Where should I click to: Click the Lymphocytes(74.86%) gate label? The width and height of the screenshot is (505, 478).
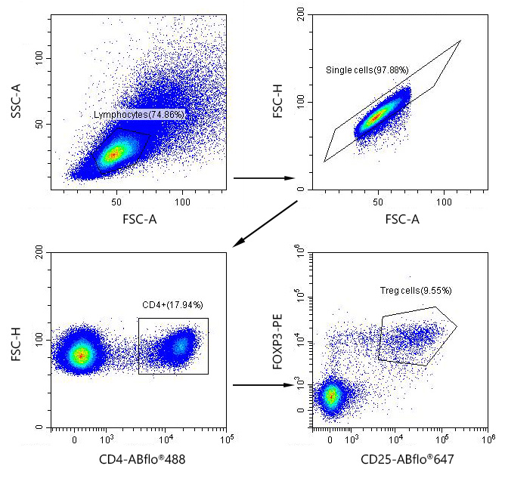[x=139, y=115]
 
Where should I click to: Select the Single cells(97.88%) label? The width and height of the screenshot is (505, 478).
[x=367, y=70]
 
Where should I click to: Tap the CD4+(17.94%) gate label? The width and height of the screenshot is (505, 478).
[x=172, y=305]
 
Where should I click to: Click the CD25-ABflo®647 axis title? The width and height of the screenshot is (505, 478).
[x=398, y=458]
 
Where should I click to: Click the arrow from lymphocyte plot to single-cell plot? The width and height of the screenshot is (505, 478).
[x=264, y=179]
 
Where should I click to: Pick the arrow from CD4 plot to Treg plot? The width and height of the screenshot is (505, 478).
[x=262, y=385]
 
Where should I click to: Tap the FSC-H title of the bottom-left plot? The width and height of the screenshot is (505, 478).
[x=16, y=344]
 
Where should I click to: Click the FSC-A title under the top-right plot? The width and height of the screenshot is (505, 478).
[x=398, y=220]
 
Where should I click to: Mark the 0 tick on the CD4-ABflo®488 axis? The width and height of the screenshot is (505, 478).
[x=74, y=437]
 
